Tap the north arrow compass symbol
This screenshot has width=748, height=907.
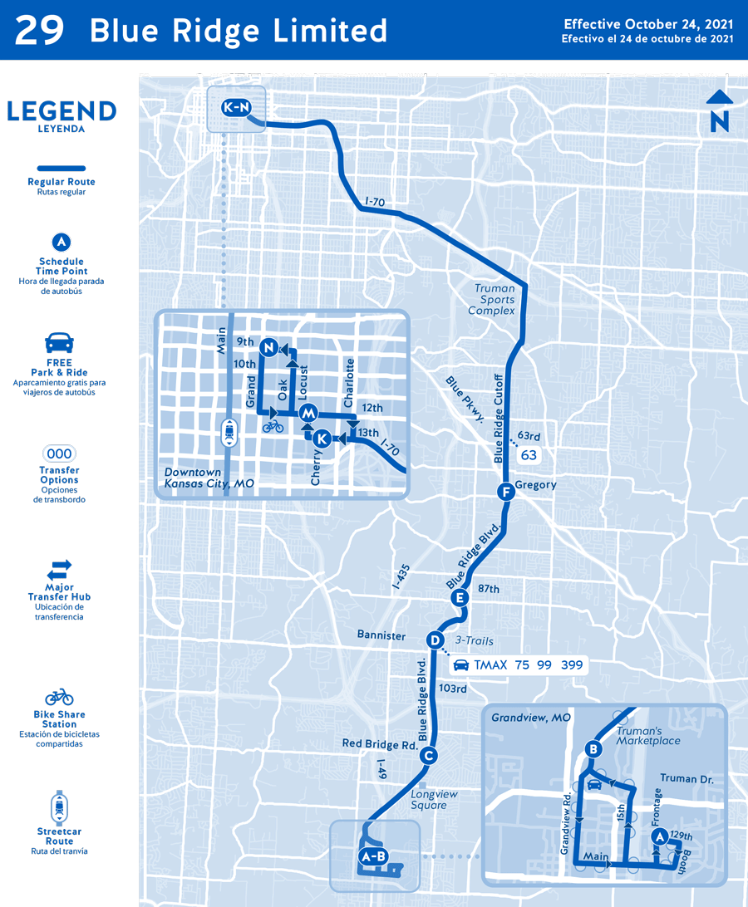tap(720, 111)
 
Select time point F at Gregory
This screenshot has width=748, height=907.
tap(504, 492)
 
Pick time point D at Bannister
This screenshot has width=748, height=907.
tap(435, 640)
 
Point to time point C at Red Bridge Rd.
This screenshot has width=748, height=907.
tap(428, 755)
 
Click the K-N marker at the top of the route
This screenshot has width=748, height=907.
tap(236, 108)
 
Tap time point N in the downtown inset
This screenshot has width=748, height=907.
tap(268, 348)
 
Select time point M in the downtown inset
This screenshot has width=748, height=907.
tap(308, 413)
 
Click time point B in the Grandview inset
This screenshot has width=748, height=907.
tap(593, 749)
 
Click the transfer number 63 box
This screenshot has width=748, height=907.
tap(529, 455)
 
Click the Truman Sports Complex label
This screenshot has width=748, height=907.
tap(495, 300)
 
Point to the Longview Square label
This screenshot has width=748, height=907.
tap(435, 799)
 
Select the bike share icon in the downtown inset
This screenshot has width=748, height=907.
tap(273, 426)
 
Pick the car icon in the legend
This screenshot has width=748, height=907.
tap(59, 342)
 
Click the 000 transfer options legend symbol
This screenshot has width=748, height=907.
tap(59, 453)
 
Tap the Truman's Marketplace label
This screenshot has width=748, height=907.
tap(648, 735)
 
